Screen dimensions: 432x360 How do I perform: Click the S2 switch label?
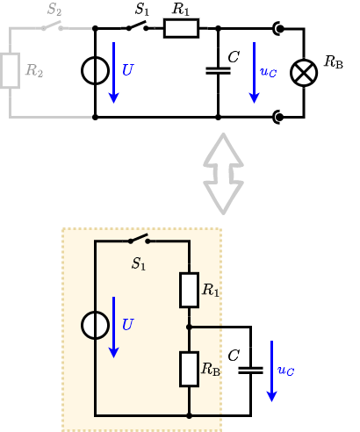[54, 10]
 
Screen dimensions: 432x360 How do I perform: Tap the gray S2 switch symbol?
[53, 26]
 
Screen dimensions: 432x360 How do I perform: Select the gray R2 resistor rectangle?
[10, 71]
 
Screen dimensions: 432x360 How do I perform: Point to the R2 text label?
[34, 71]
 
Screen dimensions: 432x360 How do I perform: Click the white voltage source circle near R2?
[95, 71]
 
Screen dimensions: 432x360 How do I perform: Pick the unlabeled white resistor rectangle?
[181, 28]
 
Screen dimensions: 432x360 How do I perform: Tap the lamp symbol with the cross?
[304, 73]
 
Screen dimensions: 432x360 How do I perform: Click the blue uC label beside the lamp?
[269, 71]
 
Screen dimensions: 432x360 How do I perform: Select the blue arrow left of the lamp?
[254, 72]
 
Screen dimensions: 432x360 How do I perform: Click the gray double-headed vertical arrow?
[223, 173]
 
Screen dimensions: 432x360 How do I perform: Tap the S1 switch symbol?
[139, 240]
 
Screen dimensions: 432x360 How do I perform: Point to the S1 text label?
[139, 263]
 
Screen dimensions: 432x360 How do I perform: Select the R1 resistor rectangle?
[189, 290]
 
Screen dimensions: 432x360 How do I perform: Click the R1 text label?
[211, 290]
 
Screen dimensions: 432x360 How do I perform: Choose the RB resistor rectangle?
[189, 369]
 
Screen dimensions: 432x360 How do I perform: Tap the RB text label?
[211, 369]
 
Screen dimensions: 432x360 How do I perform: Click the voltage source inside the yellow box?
[95, 325]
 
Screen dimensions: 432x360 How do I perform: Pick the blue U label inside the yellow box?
[127, 325]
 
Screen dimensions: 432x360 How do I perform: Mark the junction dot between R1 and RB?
[189, 327]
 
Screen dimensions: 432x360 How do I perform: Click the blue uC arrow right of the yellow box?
[271, 371]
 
